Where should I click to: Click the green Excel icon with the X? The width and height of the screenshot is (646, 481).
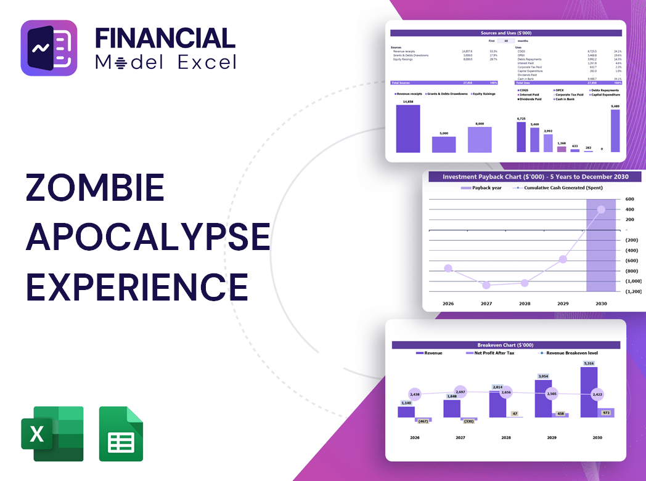(52, 434)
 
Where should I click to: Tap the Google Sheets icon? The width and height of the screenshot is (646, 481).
(121, 434)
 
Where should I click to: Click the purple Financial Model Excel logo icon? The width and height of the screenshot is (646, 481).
(49, 48)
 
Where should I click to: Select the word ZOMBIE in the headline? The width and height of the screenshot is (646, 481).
(95, 188)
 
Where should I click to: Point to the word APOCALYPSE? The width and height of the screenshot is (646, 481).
(148, 237)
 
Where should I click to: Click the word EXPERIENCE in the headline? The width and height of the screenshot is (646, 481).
(137, 286)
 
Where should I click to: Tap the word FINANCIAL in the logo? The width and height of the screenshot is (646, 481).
(165, 38)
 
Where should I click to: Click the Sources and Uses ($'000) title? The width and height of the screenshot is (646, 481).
(505, 33)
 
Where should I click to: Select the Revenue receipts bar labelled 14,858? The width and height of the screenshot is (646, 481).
(408, 129)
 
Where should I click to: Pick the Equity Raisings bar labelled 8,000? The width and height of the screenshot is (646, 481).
(480, 139)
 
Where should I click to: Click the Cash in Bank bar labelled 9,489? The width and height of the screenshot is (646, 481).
(615, 131)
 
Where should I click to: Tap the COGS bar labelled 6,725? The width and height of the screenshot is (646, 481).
(521, 137)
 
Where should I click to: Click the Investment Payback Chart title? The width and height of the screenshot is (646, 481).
(535, 177)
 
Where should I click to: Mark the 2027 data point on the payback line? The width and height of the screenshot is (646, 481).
(486, 285)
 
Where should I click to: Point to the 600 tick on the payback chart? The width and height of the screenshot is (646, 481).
(629, 199)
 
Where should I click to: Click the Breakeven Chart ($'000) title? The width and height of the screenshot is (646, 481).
(505, 345)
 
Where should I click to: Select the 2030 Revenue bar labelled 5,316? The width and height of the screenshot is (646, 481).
(589, 392)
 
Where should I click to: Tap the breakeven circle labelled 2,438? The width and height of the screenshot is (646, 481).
(414, 394)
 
